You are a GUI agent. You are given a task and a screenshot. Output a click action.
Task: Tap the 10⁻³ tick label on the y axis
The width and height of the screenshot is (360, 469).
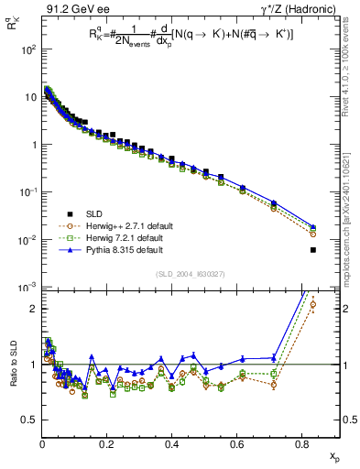pyautogui.click(x=28, y=288)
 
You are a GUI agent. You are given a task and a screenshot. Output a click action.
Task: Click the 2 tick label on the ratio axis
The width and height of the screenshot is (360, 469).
pyautogui.click(x=32, y=309)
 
